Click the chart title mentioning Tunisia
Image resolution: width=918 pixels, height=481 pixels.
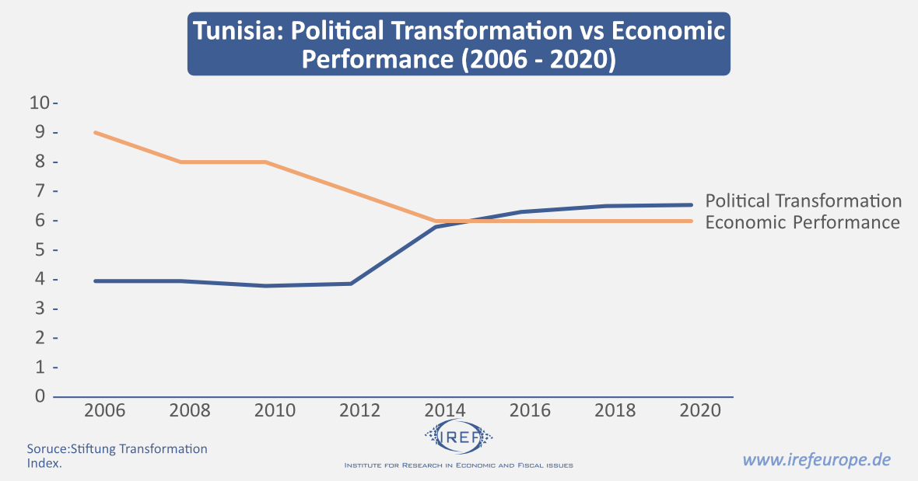(459, 44)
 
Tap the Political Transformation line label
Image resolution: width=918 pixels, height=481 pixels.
(804, 201)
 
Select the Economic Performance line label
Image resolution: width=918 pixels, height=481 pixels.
(802, 223)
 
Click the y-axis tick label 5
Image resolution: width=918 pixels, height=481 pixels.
(40, 250)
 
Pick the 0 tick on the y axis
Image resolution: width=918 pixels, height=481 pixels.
(40, 396)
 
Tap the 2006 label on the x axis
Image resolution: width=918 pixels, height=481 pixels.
(105, 410)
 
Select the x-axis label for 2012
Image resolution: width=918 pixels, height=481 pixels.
(360, 410)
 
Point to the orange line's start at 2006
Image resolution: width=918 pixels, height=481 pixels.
(95, 133)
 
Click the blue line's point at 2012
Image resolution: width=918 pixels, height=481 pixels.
(351, 284)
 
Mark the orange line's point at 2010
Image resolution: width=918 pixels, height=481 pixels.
(265, 162)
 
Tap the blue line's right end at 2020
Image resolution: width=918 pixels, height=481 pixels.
(692, 205)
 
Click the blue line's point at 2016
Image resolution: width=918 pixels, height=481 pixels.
(521, 211)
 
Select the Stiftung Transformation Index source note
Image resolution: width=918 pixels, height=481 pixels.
(117, 455)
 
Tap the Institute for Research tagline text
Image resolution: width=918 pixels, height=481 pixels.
(459, 465)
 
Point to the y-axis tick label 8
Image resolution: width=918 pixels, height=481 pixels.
(40, 162)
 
